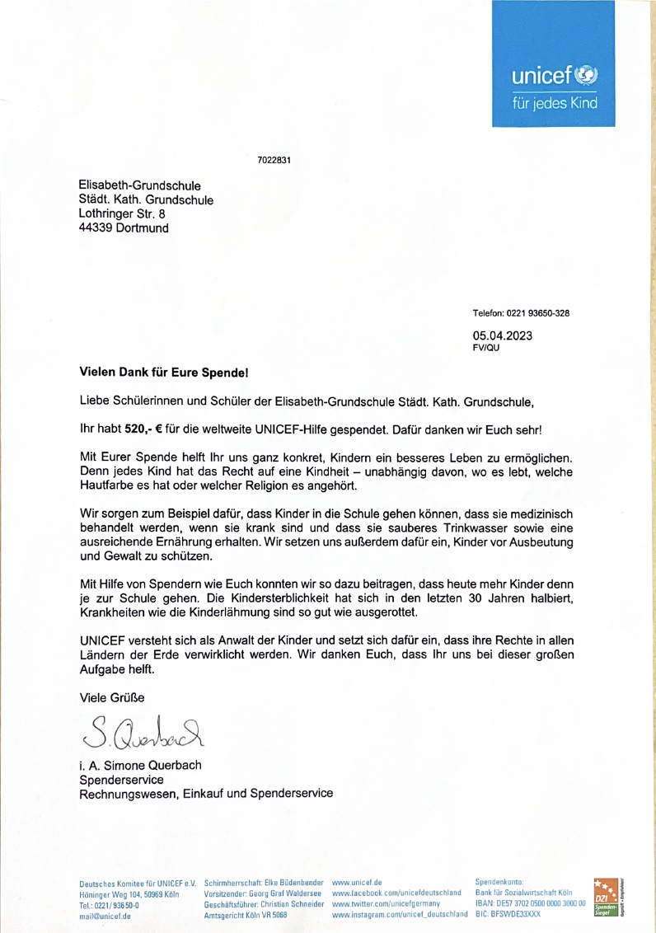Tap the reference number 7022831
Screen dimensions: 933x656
pos(274,160)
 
